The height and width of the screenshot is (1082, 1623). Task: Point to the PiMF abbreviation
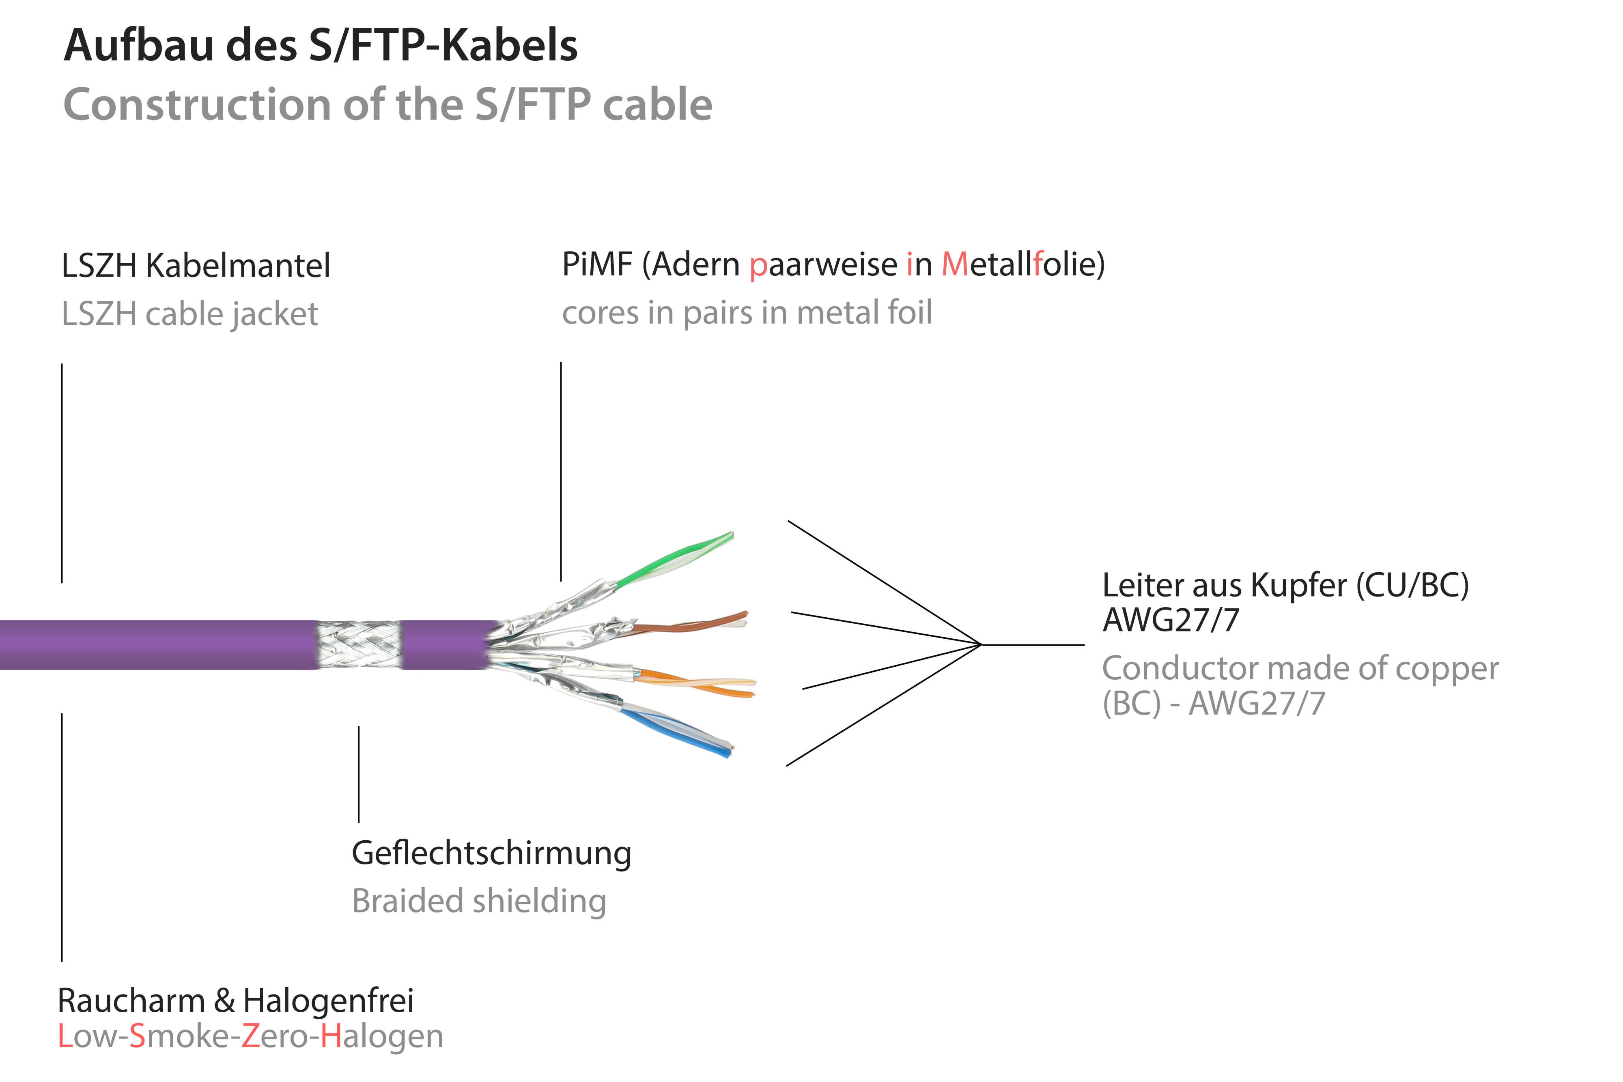[597, 264]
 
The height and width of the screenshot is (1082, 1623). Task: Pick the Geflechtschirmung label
[491, 854]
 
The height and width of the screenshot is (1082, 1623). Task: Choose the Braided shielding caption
[479, 901]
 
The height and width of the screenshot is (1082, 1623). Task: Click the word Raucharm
[131, 1000]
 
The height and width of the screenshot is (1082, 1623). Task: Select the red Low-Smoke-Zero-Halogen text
[250, 1037]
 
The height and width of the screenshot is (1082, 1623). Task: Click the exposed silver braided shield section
[359, 644]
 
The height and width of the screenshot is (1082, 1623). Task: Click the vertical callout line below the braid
[358, 773]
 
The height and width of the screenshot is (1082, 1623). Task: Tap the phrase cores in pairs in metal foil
[747, 313]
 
